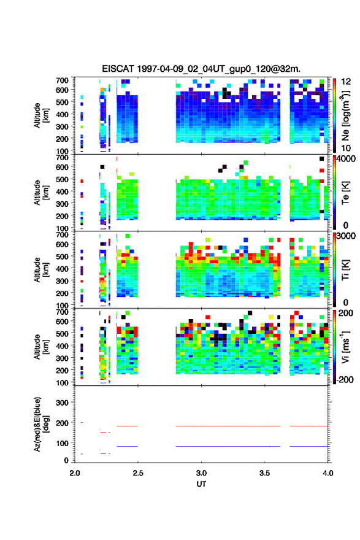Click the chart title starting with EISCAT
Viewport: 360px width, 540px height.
tap(201, 69)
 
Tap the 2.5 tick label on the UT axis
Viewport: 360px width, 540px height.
tap(137, 473)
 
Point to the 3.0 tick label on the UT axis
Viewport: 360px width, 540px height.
tap(201, 473)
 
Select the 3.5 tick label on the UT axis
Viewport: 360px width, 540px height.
tap(265, 473)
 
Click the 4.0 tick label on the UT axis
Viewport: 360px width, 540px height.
tap(328, 473)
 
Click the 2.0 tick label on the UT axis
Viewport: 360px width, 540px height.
tap(75, 473)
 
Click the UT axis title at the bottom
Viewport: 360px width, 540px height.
tap(201, 484)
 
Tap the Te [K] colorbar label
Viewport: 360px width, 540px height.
tap(345, 193)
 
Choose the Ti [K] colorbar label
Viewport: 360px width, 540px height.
tap(345, 270)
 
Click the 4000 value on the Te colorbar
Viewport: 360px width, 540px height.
tap(346, 159)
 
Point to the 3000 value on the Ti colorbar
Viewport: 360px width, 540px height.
tap(346, 236)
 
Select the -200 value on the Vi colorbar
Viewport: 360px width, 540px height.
tap(345, 379)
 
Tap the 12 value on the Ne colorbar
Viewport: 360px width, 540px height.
tap(346, 82)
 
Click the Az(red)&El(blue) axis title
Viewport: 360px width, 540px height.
tap(41, 424)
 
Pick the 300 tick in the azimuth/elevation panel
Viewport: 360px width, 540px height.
tap(63, 403)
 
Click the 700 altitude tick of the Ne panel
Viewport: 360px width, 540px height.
tap(63, 80)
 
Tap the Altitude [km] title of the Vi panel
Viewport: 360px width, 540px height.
tap(41, 347)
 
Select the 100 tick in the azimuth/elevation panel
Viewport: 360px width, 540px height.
tap(63, 443)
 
